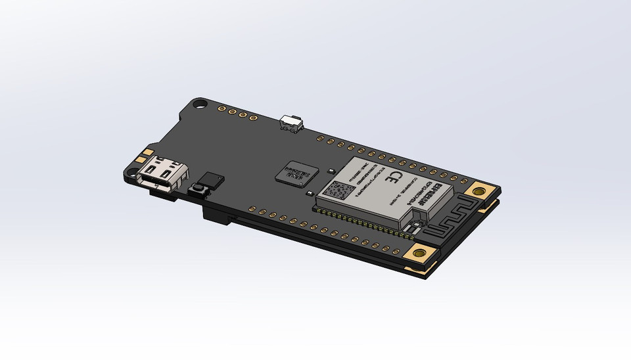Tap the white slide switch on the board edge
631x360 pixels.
pyautogui.click(x=290, y=123)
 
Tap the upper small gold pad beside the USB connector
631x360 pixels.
pyautogui.click(x=143, y=159)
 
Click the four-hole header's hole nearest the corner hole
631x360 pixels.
pyautogui.click(x=223, y=108)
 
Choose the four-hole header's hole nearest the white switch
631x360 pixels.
pyautogui.click(x=252, y=118)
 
